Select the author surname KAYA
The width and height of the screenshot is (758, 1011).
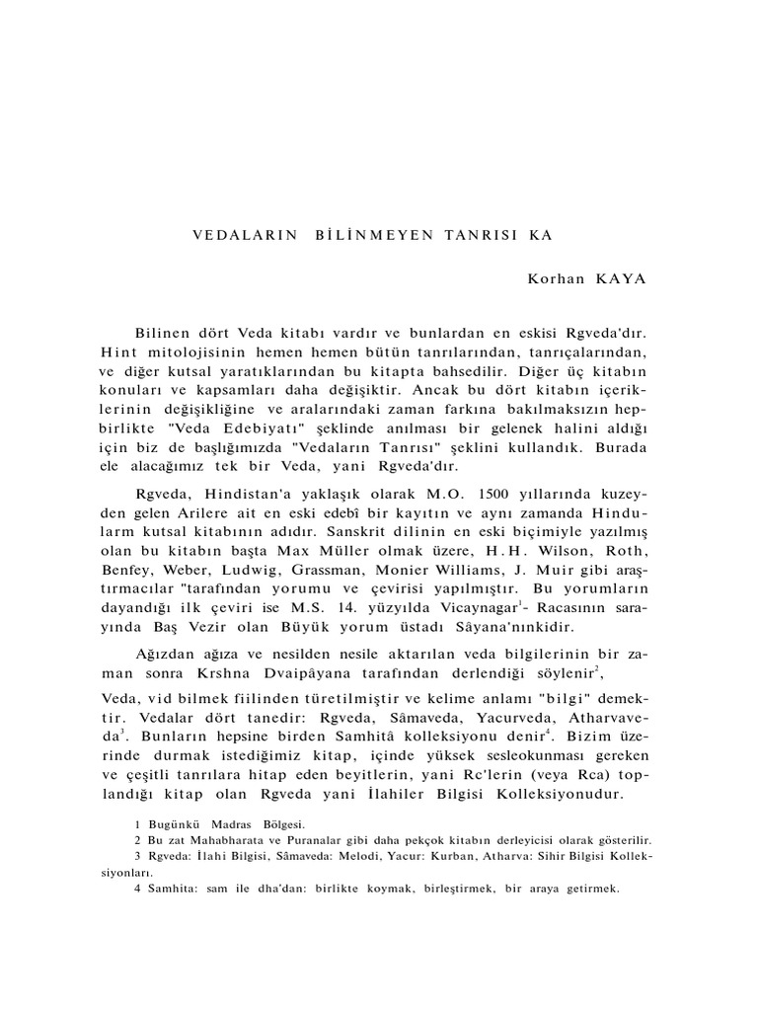[x=619, y=278]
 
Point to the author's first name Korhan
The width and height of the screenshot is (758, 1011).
[x=556, y=278]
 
